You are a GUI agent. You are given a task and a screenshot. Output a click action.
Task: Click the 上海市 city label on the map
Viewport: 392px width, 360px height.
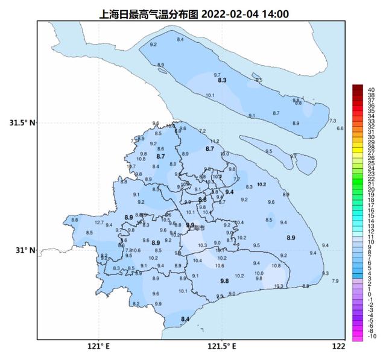pos(196,229)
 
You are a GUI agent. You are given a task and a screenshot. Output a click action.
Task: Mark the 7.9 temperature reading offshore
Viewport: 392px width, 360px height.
pos(335,282)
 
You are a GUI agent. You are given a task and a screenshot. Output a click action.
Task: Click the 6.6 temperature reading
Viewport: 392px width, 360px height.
pos(340,128)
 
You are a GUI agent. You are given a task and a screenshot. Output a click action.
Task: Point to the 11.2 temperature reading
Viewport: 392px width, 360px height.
pos(215,141)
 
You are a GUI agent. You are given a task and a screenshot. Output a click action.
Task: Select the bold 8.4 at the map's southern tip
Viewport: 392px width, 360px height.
pos(185,319)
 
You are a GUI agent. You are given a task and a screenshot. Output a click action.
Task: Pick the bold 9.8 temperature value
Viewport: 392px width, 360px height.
pos(224,281)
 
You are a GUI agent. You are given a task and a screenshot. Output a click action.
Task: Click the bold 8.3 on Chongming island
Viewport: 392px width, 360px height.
pos(221,80)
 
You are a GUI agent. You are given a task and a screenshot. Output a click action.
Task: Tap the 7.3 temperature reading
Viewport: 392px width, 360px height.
pos(332,121)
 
